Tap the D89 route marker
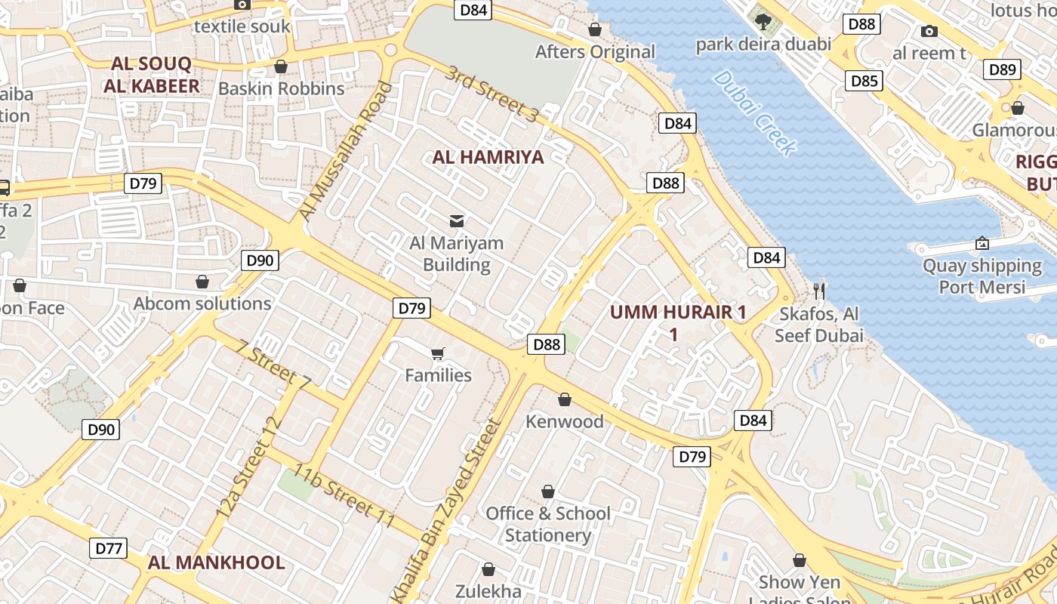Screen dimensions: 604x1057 click(1003, 69)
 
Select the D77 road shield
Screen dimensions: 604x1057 click(108, 548)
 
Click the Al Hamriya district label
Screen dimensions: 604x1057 click(488, 157)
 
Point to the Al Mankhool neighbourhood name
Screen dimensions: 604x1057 click(216, 562)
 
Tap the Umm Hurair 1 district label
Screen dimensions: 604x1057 click(677, 322)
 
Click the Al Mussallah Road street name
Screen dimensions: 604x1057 click(347, 151)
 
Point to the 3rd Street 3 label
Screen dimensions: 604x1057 click(492, 94)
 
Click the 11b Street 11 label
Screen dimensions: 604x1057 click(345, 497)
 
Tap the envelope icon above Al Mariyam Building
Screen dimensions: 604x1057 click(457, 220)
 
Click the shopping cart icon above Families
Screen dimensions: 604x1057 click(438, 353)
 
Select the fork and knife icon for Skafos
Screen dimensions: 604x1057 click(819, 290)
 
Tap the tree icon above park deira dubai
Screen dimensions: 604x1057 click(763, 20)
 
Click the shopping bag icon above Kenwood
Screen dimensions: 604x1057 click(565, 399)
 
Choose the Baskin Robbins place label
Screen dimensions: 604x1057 click(281, 88)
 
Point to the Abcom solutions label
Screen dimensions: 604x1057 click(202, 304)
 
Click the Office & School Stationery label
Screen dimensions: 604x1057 click(548, 524)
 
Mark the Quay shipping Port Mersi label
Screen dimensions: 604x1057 click(981, 276)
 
